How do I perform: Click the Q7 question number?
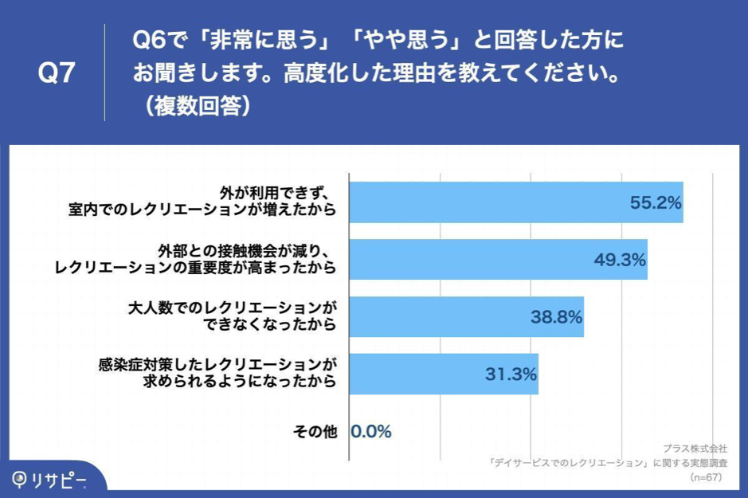(57, 73)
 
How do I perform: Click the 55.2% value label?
(656, 202)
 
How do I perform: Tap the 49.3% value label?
(620, 260)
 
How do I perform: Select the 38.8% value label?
(556, 317)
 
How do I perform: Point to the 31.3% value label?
(511, 374)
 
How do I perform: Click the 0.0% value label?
(371, 432)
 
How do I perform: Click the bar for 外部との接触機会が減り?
(478, 260)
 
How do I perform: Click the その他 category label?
(315, 432)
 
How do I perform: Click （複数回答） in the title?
(194, 106)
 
